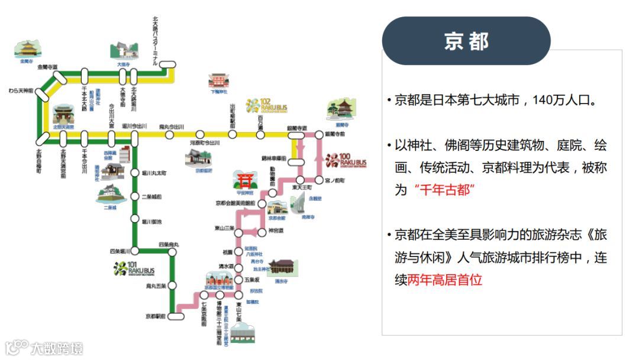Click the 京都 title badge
466,41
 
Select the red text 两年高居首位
445,279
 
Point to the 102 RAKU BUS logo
267,106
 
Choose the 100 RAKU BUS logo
346,160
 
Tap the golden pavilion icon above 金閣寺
28,49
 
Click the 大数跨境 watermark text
57,348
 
